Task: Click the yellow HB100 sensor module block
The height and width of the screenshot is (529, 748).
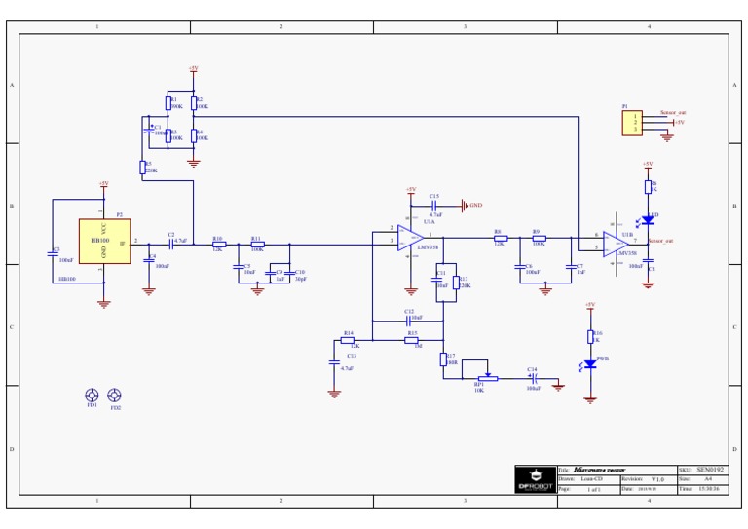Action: [104, 241]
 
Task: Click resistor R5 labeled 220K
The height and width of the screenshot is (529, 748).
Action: [143, 167]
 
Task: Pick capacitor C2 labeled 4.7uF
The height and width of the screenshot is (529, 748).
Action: [170, 243]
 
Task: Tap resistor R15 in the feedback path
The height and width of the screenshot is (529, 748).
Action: [411, 340]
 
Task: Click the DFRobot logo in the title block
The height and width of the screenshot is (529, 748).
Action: [535, 479]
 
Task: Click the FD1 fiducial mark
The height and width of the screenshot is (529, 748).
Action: [92, 395]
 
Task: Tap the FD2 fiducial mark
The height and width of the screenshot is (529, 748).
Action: [115, 395]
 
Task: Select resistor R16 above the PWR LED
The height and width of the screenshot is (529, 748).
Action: [590, 336]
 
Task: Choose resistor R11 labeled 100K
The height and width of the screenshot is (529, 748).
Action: [257, 243]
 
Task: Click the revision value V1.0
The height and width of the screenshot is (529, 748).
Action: [657, 479]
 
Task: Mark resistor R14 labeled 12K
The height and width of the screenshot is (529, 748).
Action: [348, 340]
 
